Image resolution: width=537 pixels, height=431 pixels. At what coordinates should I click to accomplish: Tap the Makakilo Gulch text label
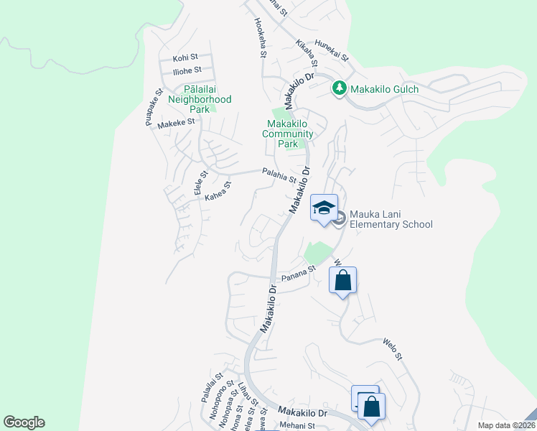(384, 89)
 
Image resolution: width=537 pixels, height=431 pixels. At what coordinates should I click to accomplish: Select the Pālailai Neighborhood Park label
(200, 100)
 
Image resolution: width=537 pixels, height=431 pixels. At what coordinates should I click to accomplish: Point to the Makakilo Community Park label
(287, 134)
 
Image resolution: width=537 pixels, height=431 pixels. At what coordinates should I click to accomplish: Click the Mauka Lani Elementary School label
(391, 219)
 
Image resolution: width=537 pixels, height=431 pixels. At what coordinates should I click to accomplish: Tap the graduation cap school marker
(324, 208)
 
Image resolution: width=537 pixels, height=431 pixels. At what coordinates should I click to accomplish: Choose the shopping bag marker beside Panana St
(343, 280)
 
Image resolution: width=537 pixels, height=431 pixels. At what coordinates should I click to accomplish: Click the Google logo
(24, 422)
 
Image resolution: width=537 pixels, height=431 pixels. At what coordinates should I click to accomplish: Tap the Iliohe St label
(187, 70)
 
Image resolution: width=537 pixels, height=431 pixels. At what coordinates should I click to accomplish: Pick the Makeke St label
(177, 123)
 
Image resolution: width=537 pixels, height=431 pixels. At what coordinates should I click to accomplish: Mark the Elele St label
(200, 182)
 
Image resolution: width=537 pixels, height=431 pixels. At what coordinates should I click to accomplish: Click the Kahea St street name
(218, 190)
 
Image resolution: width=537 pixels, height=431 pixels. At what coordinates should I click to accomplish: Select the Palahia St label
(279, 175)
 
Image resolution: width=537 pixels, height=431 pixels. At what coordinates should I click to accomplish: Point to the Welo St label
(395, 352)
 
